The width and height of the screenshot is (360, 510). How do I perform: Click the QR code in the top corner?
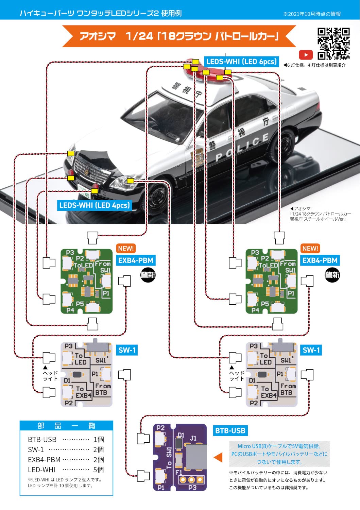[333, 44]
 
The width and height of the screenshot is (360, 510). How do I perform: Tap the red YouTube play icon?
[306, 55]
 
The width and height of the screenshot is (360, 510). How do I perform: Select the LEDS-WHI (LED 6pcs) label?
[241, 62]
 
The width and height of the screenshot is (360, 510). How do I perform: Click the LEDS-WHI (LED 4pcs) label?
[94, 205]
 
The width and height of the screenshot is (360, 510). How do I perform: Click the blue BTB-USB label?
[230, 431]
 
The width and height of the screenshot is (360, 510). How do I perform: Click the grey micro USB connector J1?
[196, 456]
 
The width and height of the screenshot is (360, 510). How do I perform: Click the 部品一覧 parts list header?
[66, 426]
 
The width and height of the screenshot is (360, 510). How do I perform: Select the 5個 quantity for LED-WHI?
[98, 470]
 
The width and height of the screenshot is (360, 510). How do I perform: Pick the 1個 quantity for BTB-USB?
[99, 439]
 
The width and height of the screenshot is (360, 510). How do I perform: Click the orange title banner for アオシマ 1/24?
[179, 36]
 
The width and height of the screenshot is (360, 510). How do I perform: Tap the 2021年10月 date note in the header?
[312, 14]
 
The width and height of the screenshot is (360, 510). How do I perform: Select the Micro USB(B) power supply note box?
[279, 454]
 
